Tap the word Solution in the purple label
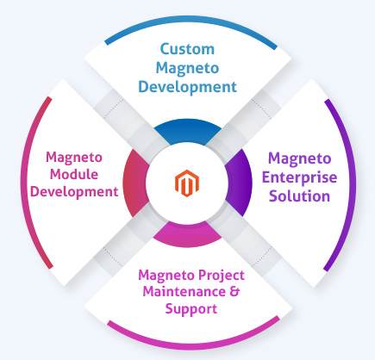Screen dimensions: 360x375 tap(297, 196)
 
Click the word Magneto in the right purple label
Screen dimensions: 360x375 tap(297, 158)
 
